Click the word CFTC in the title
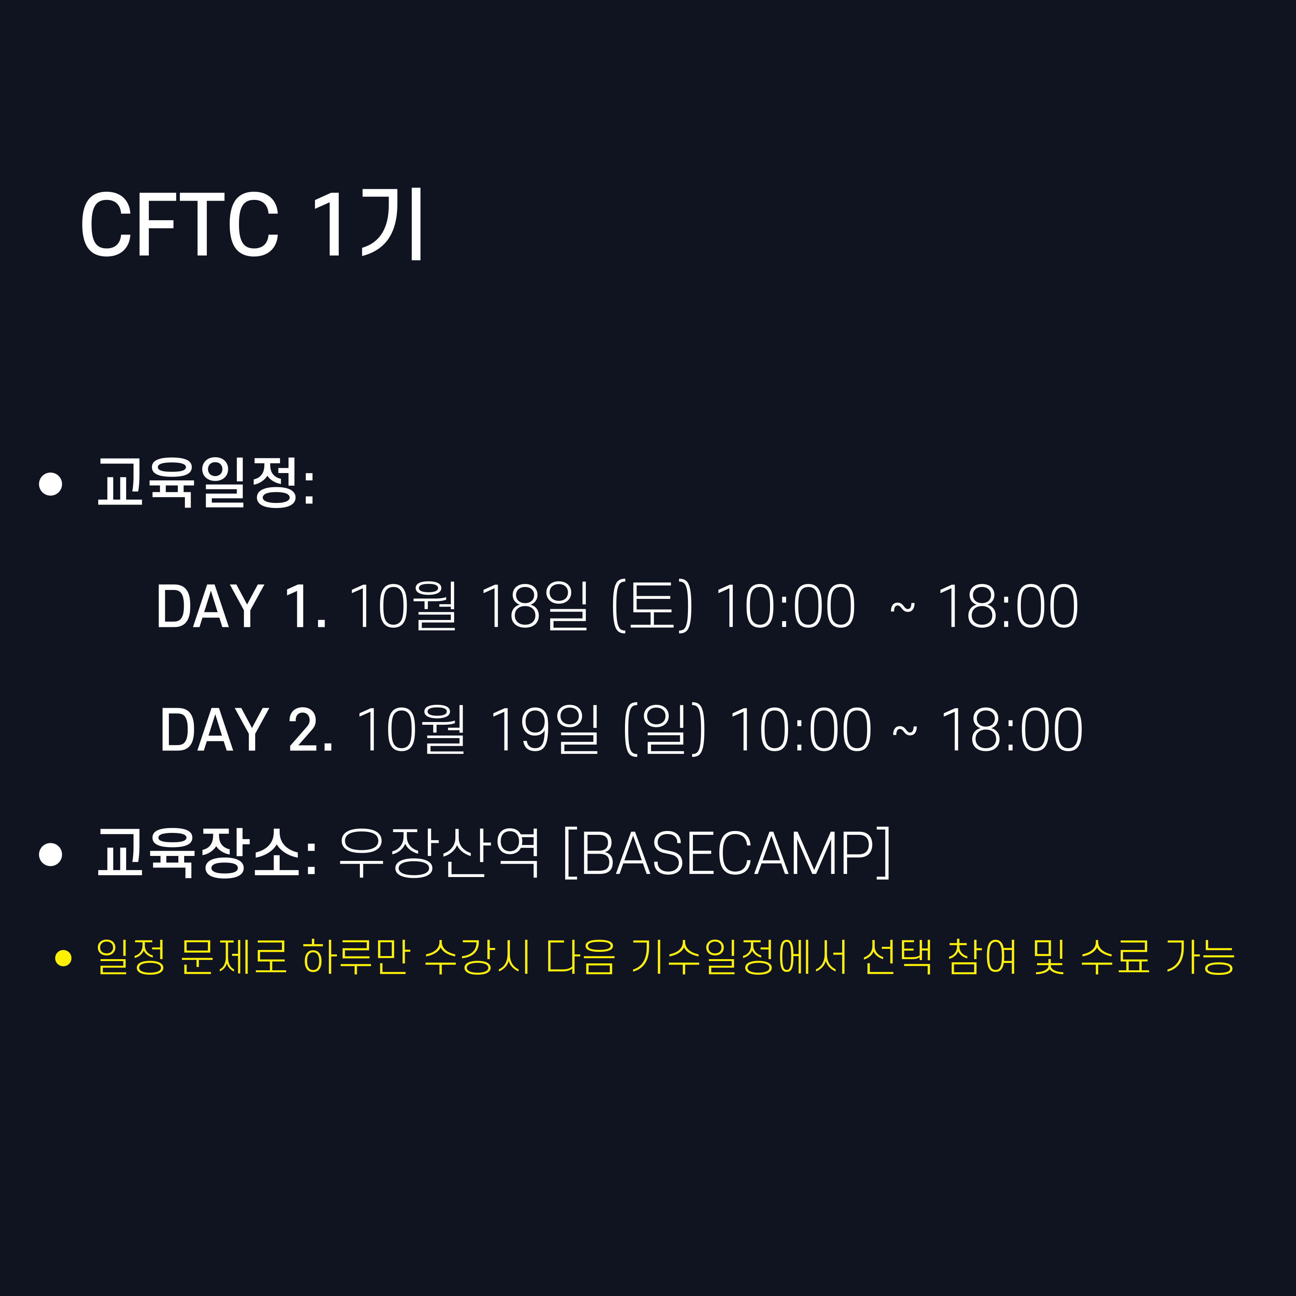(x=179, y=225)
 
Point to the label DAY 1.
(x=241, y=607)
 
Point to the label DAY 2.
(x=246, y=730)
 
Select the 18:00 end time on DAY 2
(x=1012, y=730)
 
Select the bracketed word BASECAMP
(x=728, y=853)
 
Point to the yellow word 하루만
(x=356, y=956)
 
